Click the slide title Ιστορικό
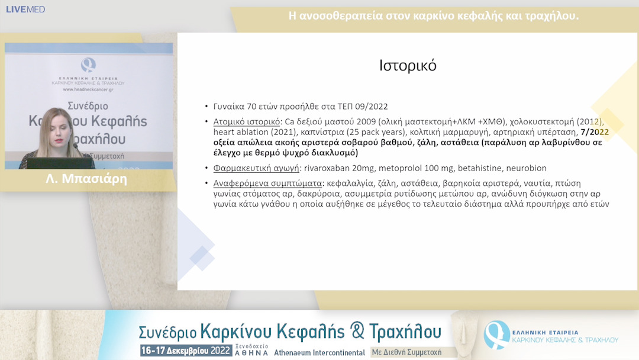tap(408, 66)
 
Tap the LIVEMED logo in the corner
tap(25, 9)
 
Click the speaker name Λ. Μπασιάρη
tap(86, 179)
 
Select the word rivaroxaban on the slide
tap(327, 168)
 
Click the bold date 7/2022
tap(595, 132)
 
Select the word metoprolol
tap(402, 168)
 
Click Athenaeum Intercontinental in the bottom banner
tap(319, 352)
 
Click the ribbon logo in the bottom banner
tap(496, 335)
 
